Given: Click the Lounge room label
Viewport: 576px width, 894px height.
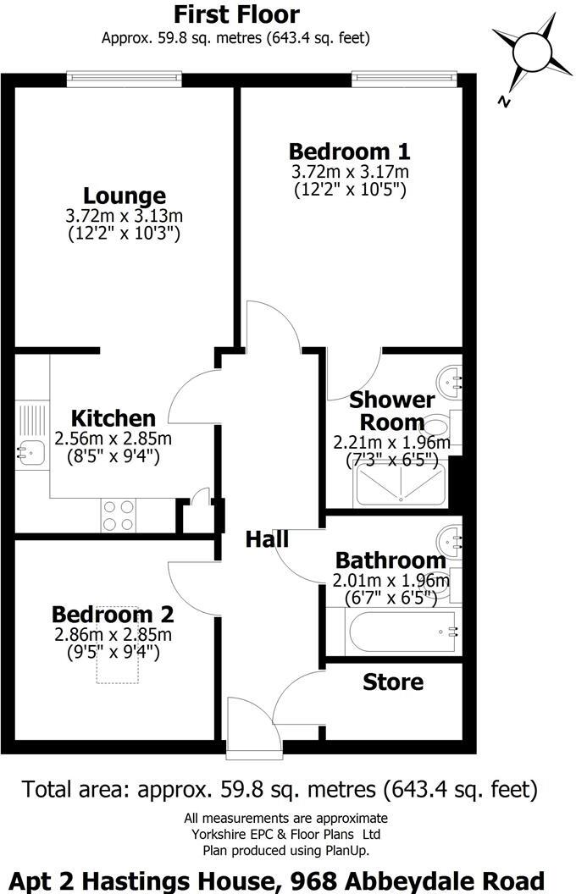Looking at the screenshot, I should (124, 196).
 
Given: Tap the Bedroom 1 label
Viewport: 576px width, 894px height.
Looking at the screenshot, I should (349, 152).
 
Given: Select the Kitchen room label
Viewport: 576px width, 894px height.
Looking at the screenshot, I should (113, 418).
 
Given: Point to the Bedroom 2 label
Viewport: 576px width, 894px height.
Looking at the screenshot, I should (113, 614).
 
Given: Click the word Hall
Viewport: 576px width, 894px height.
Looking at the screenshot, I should (268, 539).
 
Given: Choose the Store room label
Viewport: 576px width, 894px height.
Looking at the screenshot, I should (393, 682).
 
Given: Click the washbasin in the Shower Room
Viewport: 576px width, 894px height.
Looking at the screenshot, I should (450, 378).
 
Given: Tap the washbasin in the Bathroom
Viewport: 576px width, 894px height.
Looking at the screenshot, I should (450, 538).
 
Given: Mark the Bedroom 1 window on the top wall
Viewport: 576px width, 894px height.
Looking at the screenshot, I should (407, 79).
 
